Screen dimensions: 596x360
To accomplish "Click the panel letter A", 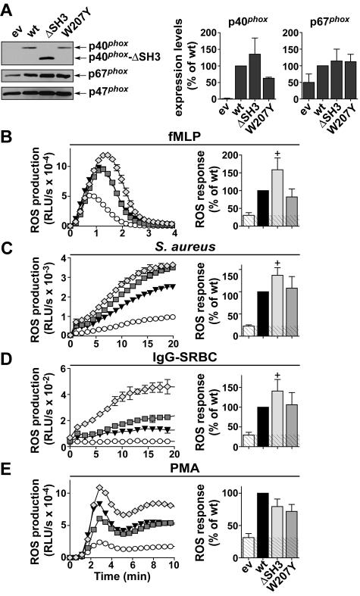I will (x=8, y=7).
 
